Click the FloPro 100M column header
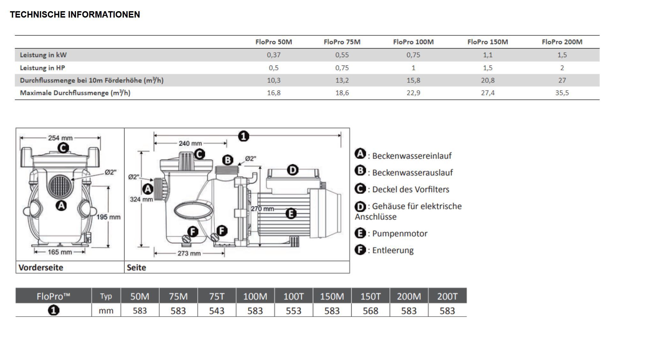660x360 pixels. pyautogui.click(x=413, y=42)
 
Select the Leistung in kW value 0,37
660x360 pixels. pyautogui.click(x=274, y=55)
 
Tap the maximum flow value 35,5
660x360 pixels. pyautogui.click(x=562, y=93)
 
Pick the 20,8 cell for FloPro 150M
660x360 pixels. pyautogui.click(x=488, y=80)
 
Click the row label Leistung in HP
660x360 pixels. pyautogui.click(x=42, y=68)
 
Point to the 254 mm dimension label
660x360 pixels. pyautogui.click(x=60, y=138)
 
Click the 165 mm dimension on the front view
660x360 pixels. pyautogui.click(x=60, y=252)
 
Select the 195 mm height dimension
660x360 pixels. pyautogui.click(x=109, y=217)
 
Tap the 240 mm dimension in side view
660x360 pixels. pyautogui.click(x=190, y=143)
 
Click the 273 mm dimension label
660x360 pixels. pyautogui.click(x=189, y=254)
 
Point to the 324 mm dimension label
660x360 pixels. pyautogui.click(x=141, y=199)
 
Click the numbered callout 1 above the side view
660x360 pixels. pyautogui.click(x=243, y=136)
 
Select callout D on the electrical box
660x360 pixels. pyautogui.click(x=292, y=170)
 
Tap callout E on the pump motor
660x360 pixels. pyautogui.click(x=291, y=213)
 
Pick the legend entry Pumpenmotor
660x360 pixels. pyautogui.click(x=399, y=234)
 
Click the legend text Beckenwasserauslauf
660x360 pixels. pyautogui.click(x=412, y=172)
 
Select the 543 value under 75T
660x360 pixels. pyautogui.click(x=216, y=311)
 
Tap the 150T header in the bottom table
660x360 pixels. pyautogui.click(x=370, y=296)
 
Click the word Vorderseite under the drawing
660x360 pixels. pyautogui.click(x=41, y=267)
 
